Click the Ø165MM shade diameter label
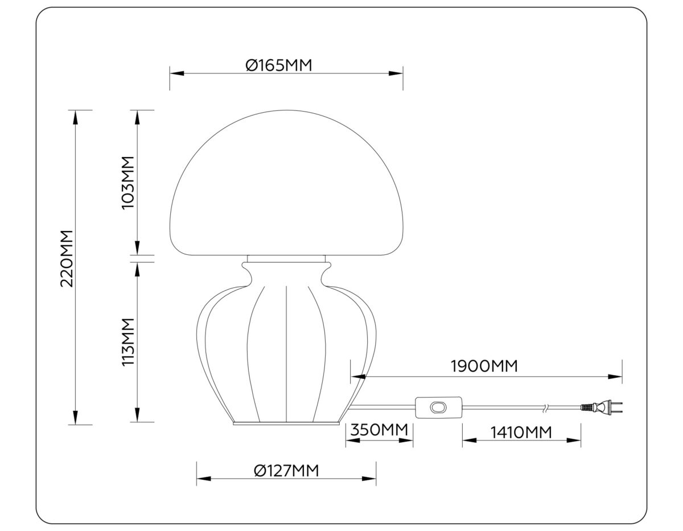279,65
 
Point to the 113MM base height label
128,341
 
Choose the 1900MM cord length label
484,366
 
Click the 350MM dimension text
378,430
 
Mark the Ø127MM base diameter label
286,471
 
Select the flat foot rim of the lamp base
287,424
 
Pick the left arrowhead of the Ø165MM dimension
176,73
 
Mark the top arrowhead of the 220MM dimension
75,116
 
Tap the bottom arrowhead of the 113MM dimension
137,415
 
